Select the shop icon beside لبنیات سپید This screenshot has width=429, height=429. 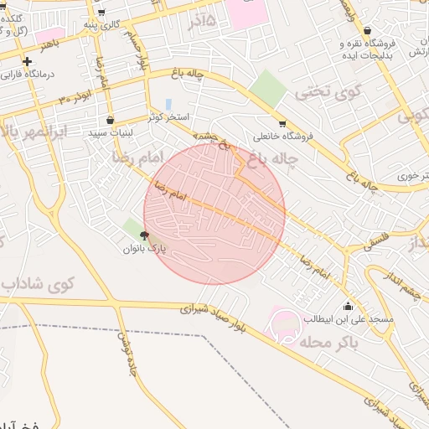tap(111, 119)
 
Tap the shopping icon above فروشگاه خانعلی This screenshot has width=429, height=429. tap(282, 123)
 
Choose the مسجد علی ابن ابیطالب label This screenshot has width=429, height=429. tap(343, 318)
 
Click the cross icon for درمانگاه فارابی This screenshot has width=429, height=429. tap(28, 61)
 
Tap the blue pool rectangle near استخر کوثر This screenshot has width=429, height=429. tap(169, 104)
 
